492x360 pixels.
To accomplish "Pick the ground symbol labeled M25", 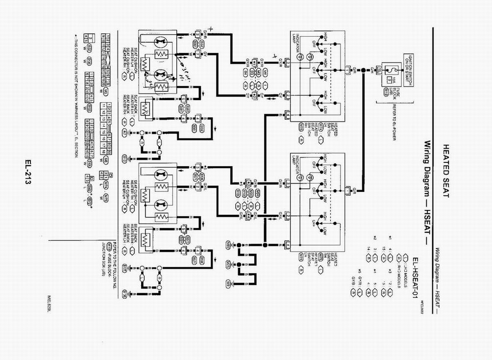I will pos(228,263).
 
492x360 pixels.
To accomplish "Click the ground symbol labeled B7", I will pos(124,133).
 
